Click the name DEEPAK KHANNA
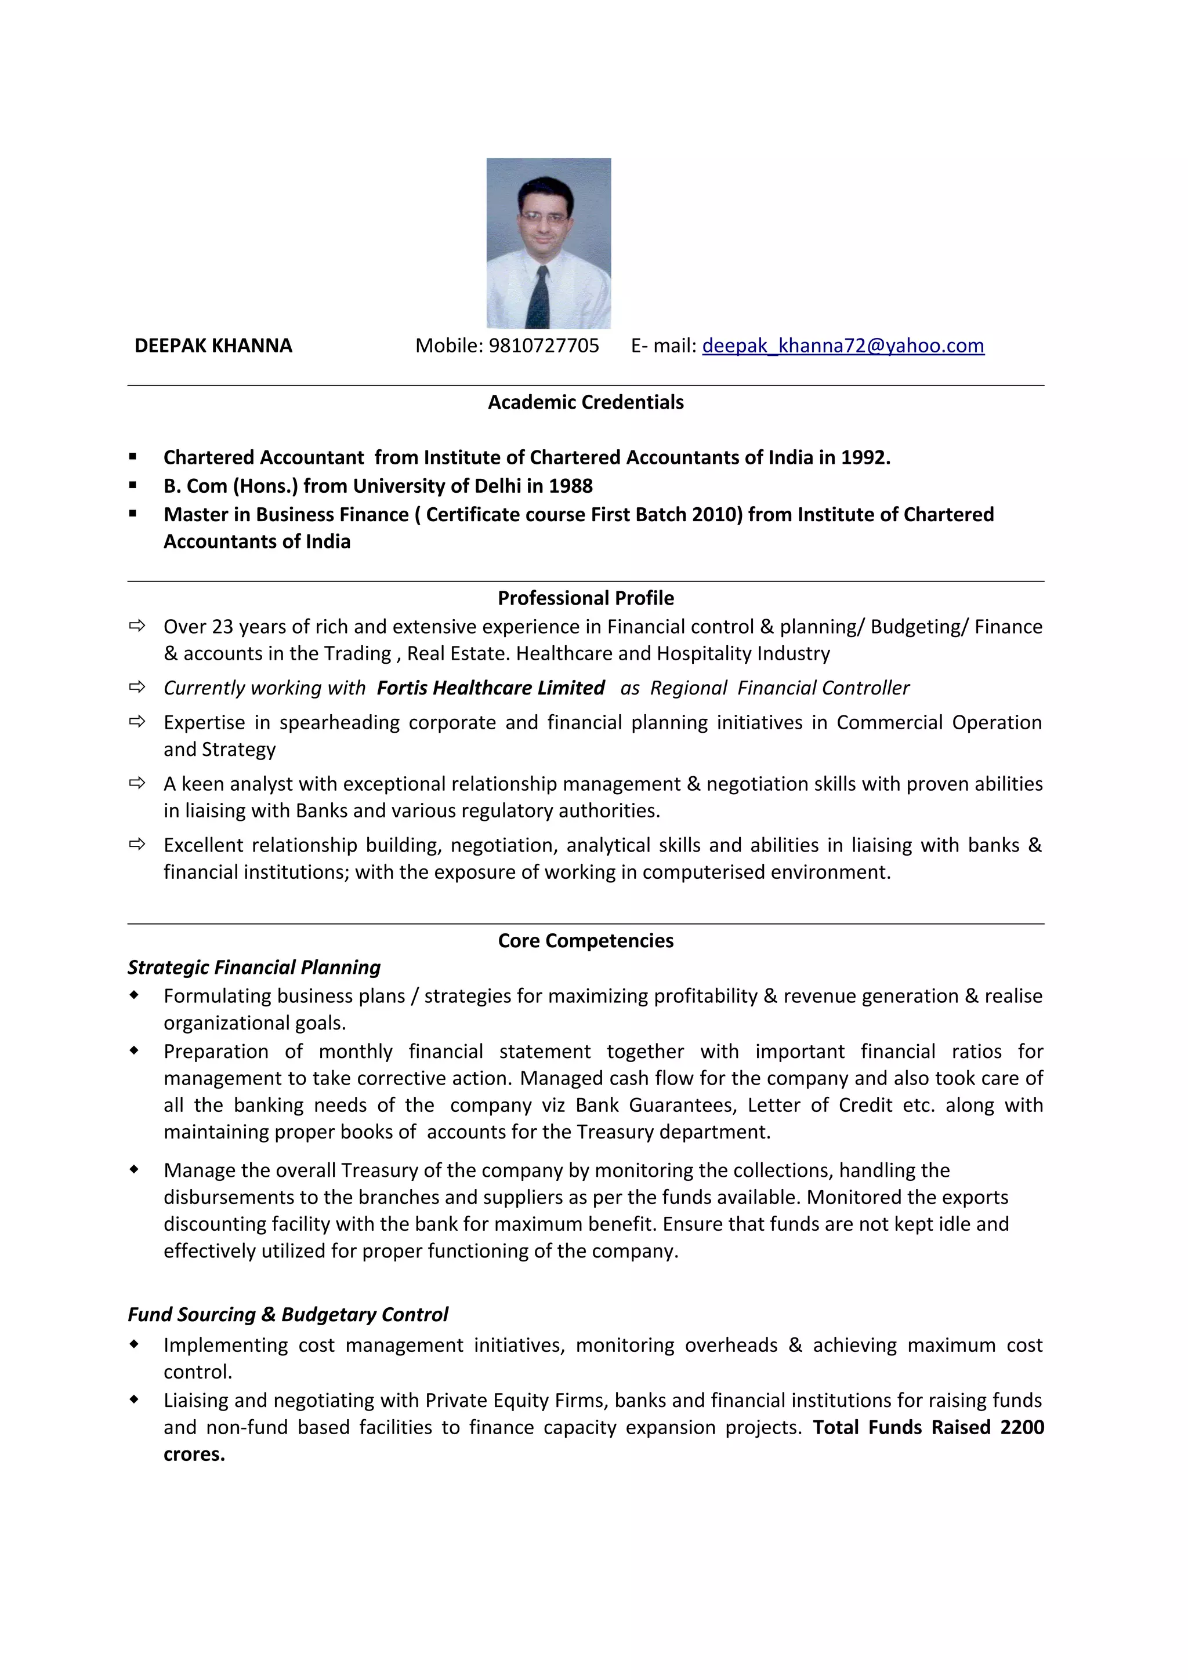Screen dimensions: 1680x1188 coord(213,346)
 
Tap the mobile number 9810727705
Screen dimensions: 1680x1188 coord(543,346)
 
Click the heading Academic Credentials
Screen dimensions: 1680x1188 coord(585,402)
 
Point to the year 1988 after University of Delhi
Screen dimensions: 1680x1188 coord(570,486)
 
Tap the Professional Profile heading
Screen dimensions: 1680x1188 coord(585,598)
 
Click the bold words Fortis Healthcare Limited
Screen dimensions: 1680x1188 coord(490,688)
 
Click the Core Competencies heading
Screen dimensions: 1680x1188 coord(585,940)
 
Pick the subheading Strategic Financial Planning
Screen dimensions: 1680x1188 coord(254,968)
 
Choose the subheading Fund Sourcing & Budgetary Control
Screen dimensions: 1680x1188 coord(288,1314)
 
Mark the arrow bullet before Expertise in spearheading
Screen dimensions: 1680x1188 coord(137,722)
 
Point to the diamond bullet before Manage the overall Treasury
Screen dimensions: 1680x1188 coord(134,1169)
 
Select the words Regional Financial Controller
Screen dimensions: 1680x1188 coord(780,688)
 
